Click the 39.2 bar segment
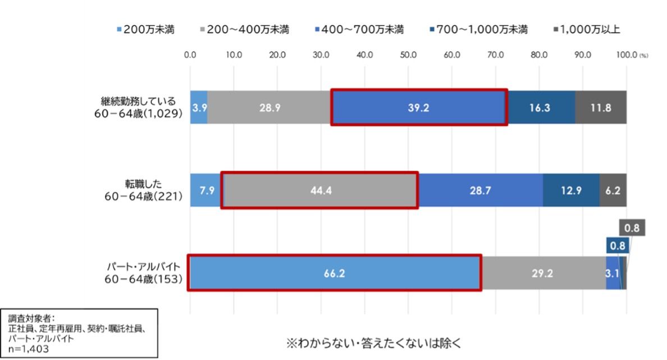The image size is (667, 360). (x=419, y=107)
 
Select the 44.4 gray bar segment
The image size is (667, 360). (x=320, y=190)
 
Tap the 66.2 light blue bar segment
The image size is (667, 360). (x=335, y=273)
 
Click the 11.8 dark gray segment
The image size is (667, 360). (x=600, y=107)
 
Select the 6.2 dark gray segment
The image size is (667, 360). (x=613, y=190)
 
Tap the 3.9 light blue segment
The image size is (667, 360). (x=199, y=107)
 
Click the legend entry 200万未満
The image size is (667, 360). (x=145, y=30)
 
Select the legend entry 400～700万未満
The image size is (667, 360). (x=359, y=30)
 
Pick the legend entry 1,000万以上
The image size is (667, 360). (x=587, y=30)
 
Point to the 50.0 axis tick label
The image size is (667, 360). (x=408, y=55)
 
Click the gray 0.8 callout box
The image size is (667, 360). (x=632, y=228)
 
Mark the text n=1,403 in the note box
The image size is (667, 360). (x=29, y=349)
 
